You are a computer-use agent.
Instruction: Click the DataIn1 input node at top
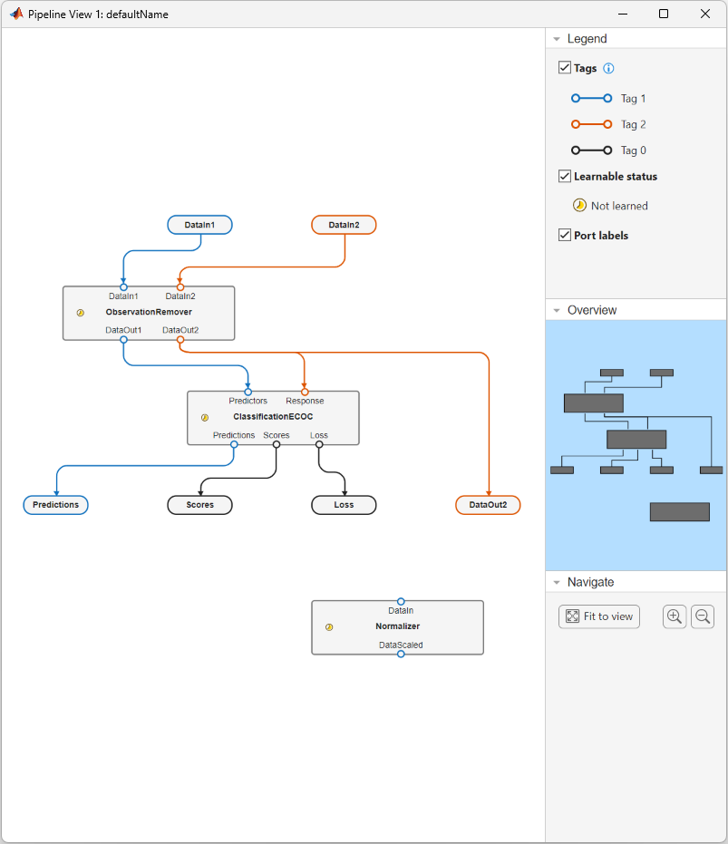tap(199, 225)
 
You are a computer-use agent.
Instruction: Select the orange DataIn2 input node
tap(344, 225)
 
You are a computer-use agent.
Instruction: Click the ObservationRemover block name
tap(149, 312)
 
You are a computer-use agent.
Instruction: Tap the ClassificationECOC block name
tap(273, 417)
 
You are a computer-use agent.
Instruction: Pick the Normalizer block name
tap(398, 626)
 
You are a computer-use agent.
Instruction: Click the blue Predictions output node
tap(56, 505)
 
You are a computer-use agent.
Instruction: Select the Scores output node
tap(200, 505)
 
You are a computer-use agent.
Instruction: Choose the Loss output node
tap(344, 505)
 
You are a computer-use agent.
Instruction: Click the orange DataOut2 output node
tap(488, 505)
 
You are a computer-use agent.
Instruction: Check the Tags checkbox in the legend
tap(565, 68)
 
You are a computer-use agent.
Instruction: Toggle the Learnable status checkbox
tap(565, 176)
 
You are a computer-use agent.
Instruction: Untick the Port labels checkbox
tap(565, 235)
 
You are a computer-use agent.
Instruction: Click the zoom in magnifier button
tap(675, 616)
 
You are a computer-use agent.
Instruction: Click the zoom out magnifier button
tap(703, 616)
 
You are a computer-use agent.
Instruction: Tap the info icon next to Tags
tap(609, 68)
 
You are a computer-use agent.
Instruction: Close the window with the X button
tap(705, 15)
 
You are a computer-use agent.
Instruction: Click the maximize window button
tap(664, 15)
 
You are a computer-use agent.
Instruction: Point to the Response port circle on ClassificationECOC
tap(305, 392)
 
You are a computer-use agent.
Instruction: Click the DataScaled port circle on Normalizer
tap(401, 654)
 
